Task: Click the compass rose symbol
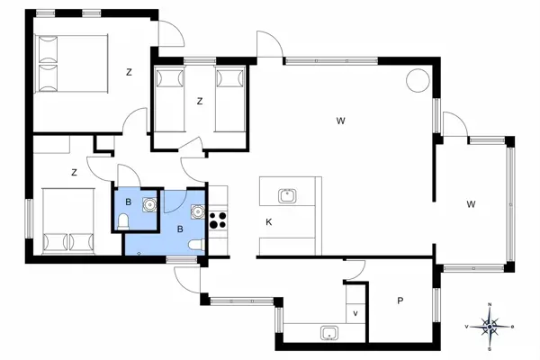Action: [490, 326]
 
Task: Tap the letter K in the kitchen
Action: [268, 222]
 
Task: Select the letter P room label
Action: [398, 301]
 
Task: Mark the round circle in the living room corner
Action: [418, 80]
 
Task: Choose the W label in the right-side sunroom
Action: [471, 204]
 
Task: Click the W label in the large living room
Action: [341, 120]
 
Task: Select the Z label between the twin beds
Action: [200, 102]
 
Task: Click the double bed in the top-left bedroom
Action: [70, 65]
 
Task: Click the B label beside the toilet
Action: [129, 202]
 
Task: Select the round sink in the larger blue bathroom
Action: [195, 211]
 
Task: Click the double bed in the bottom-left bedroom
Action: [69, 220]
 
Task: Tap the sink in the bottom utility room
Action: [330, 334]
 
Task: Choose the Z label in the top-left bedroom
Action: [130, 73]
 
